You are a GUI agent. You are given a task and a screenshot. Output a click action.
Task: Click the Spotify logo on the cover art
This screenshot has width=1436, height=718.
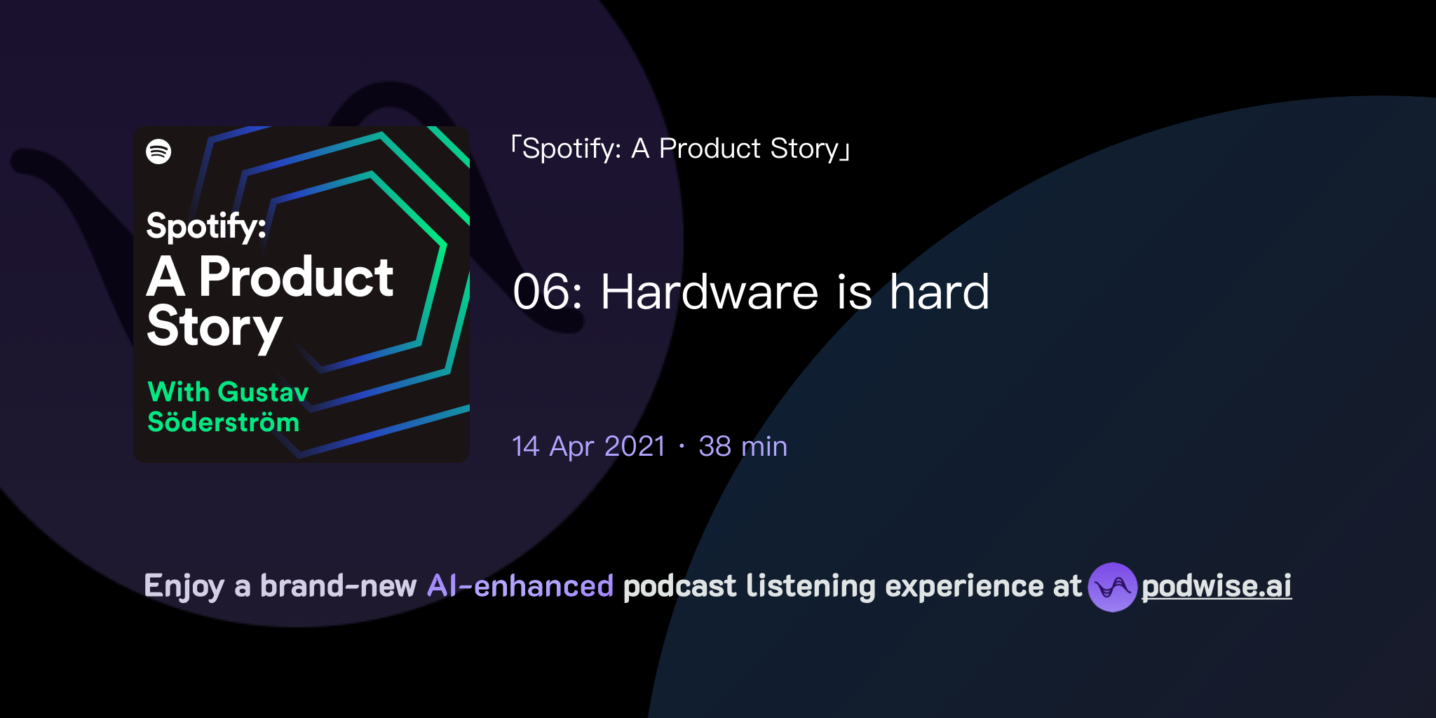coord(158,151)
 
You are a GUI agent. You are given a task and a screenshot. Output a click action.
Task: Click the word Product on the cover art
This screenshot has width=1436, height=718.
coord(296,277)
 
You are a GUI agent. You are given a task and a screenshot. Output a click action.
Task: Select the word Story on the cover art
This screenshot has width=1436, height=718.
coord(214,327)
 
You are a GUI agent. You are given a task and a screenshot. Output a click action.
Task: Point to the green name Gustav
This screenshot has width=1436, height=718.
coord(263,392)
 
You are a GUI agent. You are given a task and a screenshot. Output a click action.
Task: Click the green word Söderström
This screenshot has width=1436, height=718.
coord(223,423)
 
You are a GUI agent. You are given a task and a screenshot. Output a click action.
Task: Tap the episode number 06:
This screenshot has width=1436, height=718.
coord(548,292)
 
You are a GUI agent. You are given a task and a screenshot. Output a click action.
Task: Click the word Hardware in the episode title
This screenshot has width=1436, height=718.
coord(709,292)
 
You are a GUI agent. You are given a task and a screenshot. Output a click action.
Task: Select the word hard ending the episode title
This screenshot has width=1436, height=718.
coord(939,292)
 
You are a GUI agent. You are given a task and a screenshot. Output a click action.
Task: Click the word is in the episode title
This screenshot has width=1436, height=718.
coord(854,292)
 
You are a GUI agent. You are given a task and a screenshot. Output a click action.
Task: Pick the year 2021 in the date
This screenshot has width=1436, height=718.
coord(635,447)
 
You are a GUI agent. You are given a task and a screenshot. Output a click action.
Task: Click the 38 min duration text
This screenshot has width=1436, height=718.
coord(743,447)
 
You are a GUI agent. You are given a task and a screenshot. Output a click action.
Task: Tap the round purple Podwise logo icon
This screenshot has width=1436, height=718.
coord(1112,587)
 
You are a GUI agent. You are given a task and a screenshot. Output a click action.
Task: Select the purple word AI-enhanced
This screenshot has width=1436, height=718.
coord(520,586)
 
